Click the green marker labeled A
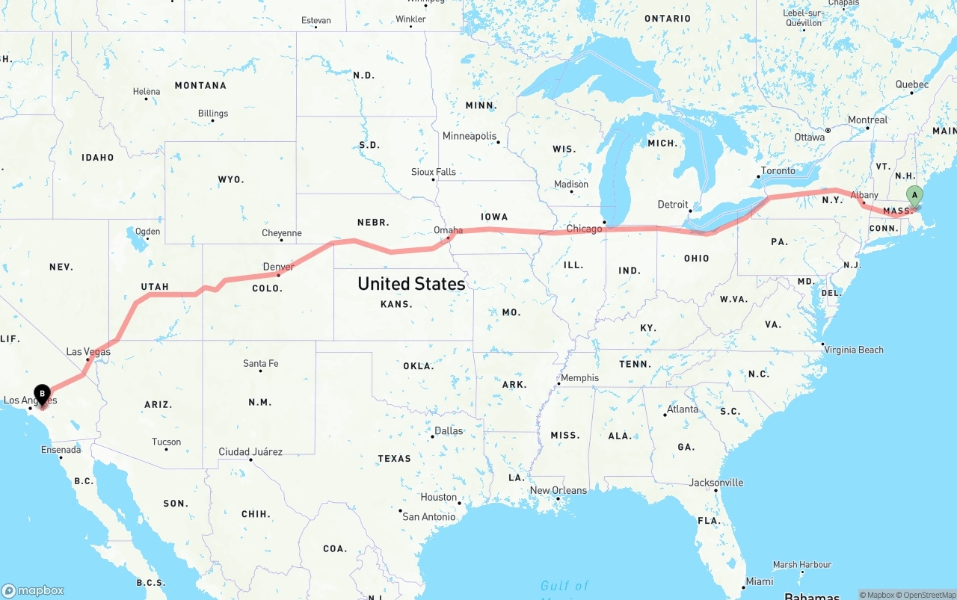click(914, 197)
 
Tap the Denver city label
click(278, 267)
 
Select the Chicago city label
click(584, 229)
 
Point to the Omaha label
click(448, 230)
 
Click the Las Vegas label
click(88, 352)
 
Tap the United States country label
click(411, 284)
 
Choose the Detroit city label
click(673, 204)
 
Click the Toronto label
click(778, 171)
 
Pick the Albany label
click(864, 195)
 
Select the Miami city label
click(760, 581)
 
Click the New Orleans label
click(558, 490)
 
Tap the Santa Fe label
click(260, 364)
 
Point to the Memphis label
click(579, 378)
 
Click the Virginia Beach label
click(853, 350)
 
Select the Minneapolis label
click(470, 136)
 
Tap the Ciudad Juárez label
click(250, 451)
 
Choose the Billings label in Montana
click(213, 114)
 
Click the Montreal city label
click(867, 120)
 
